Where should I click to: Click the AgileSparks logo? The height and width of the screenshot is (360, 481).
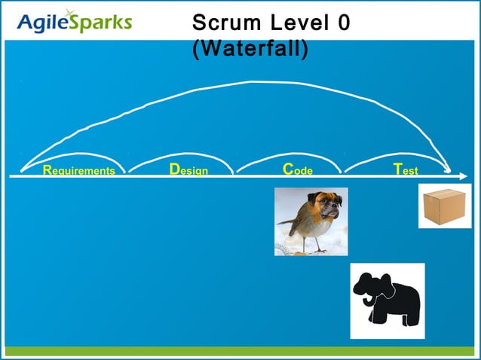[x=73, y=22]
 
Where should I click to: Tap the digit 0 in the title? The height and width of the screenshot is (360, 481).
[x=343, y=23]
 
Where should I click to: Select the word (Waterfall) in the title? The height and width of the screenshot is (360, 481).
[x=250, y=50]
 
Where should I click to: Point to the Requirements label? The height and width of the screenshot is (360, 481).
[x=79, y=170]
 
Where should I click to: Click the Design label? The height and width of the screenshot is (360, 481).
[x=188, y=170]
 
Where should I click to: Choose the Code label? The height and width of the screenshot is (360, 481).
[x=297, y=170]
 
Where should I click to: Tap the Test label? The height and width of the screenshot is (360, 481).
[x=406, y=170]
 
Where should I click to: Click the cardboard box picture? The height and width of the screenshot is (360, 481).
[x=444, y=205]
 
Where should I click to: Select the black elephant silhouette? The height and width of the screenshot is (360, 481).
[x=389, y=300]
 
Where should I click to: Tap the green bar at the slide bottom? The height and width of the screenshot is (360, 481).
[x=240, y=352]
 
